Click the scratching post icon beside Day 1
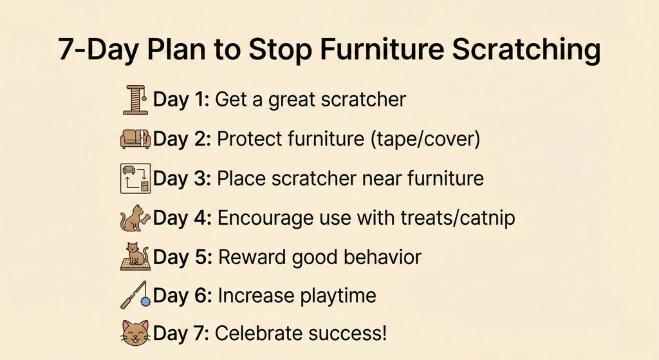coord(136,100)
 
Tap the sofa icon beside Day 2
coord(135,139)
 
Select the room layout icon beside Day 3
coord(135,178)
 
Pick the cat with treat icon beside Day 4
coord(135,218)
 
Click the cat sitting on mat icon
coord(135,257)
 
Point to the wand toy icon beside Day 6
coord(135,295)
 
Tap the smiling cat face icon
coord(135,334)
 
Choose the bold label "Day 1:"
coord(180,100)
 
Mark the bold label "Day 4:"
coord(181,218)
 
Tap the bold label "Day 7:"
coord(180,334)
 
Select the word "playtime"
coord(338,296)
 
